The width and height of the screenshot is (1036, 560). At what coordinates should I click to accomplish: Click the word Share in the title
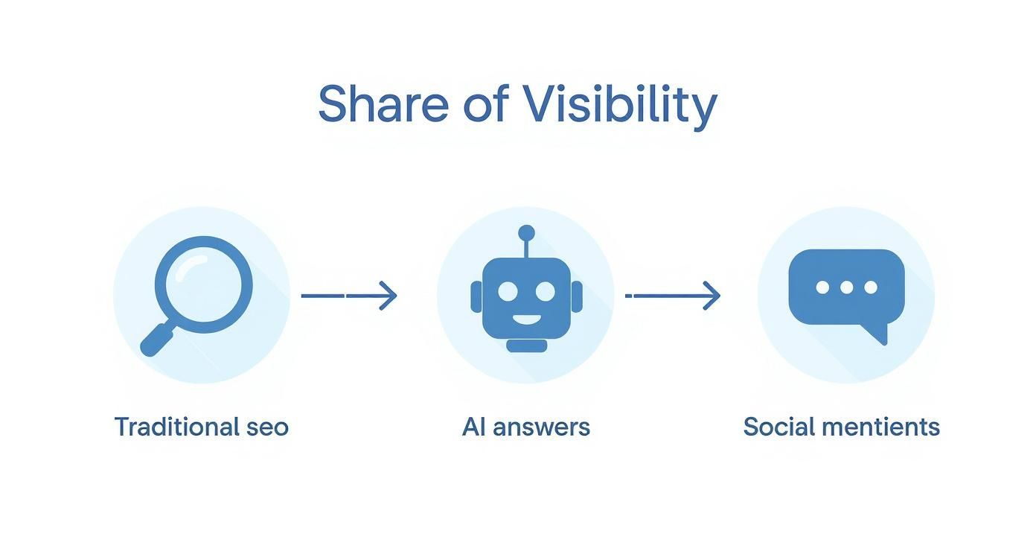[x=383, y=104]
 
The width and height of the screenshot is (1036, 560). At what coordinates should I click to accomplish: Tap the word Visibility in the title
[x=619, y=104]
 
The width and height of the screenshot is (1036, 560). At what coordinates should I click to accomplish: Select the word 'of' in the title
[x=485, y=104]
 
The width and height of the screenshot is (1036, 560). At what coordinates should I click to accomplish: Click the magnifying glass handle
[x=156, y=340]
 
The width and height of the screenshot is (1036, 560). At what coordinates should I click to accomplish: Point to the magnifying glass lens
[x=203, y=284]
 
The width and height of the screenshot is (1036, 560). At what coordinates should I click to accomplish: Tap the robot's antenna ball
[x=526, y=232]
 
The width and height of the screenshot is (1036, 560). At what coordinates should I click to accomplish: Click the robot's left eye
[x=508, y=291]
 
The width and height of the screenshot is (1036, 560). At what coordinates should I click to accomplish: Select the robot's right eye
[x=546, y=291]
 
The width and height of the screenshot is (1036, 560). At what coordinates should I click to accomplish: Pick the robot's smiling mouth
[x=527, y=320]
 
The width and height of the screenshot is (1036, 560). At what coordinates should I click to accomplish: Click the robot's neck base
[x=527, y=346]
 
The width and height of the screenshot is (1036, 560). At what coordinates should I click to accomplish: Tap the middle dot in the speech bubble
[x=846, y=287]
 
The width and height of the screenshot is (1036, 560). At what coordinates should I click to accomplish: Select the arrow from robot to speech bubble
[x=673, y=296]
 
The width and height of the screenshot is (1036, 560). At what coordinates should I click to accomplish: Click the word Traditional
[x=176, y=427]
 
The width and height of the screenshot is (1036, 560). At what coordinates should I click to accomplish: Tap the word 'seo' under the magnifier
[x=266, y=427]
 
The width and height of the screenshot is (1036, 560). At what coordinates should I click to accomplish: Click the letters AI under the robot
[x=473, y=427]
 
